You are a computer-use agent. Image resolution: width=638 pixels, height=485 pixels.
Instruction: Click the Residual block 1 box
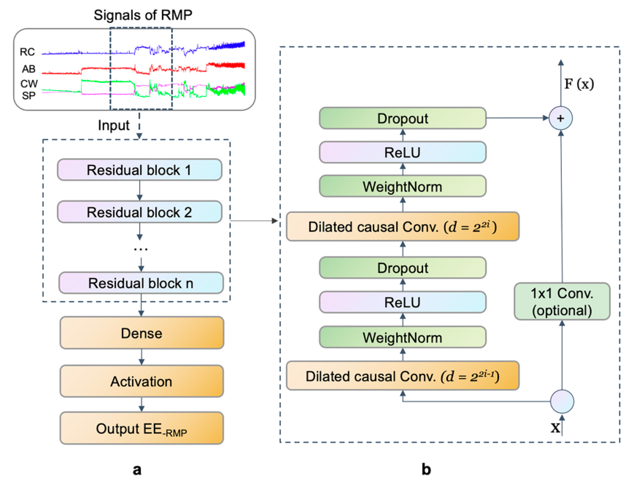pos(140,170)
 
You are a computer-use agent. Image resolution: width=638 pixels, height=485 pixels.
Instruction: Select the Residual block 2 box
pos(140,212)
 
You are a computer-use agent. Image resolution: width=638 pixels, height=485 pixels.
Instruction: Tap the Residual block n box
pos(141,283)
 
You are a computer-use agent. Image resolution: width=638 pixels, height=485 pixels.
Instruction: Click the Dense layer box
pos(142,333)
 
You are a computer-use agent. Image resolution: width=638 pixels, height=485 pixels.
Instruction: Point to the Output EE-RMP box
pos(142,428)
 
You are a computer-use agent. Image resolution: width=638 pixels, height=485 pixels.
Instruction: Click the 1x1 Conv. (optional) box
pos(562,301)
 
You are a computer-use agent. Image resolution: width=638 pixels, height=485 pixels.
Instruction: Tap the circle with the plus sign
pos(561,118)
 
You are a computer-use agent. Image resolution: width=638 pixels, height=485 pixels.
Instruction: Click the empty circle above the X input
pos(562,402)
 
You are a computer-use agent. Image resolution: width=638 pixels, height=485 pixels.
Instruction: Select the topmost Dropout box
pos(403,118)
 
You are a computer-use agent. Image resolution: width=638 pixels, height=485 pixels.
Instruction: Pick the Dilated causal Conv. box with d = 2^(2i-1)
pos(403,376)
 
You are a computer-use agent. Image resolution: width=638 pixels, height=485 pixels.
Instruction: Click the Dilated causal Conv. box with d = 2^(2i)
pos(403,226)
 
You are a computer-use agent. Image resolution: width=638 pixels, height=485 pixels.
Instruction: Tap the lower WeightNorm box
pos(403,337)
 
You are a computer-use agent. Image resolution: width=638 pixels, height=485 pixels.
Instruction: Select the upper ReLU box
pos(403,152)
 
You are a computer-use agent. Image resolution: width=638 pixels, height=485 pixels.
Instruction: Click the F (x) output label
pos(579,84)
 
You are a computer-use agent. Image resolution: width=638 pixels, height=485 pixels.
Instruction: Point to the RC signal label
pos(27,52)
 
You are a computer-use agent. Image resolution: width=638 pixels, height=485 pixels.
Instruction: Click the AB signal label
pos(28,69)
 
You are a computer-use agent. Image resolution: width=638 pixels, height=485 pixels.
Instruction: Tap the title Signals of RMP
pos(143,15)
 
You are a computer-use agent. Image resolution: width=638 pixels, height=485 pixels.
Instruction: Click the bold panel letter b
pos(426,469)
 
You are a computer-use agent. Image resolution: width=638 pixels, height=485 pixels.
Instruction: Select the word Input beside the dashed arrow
pos(114,126)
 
